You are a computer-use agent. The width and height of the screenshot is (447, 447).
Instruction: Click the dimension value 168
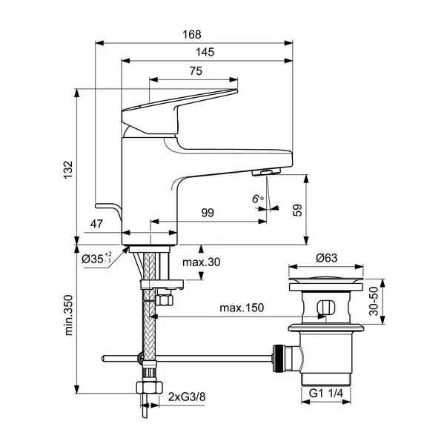(x=193, y=33)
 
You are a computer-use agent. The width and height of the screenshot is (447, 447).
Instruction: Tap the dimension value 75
(x=195, y=70)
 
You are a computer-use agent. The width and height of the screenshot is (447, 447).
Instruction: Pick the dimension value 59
(x=297, y=210)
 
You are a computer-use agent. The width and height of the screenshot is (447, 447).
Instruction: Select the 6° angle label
(x=257, y=199)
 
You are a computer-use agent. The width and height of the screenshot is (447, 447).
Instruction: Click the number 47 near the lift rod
(x=96, y=222)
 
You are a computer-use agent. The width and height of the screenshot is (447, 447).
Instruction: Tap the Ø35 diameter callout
(x=95, y=259)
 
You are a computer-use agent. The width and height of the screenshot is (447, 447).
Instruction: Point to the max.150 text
(x=242, y=308)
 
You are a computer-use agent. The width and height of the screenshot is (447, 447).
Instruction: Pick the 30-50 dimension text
(x=394, y=302)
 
